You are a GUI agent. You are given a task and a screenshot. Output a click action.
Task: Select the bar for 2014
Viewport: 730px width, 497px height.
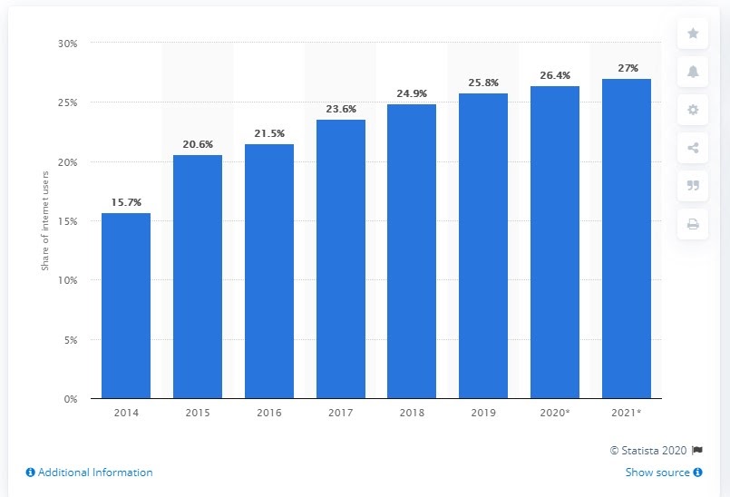tap(125, 306)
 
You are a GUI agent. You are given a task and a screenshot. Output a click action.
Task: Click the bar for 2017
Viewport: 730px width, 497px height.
tap(340, 259)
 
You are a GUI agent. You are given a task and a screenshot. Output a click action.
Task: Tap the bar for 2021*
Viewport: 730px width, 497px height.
tap(627, 239)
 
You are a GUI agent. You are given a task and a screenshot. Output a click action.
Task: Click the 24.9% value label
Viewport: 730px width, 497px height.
tap(412, 93)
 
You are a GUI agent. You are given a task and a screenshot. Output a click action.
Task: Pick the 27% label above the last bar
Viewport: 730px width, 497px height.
tap(627, 68)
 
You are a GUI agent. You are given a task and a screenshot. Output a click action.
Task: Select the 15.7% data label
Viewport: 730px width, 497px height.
tap(125, 203)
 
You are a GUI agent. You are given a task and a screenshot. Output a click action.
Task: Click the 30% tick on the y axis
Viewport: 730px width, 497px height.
tap(67, 44)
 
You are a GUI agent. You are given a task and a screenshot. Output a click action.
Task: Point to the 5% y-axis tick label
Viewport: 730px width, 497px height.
tap(71, 340)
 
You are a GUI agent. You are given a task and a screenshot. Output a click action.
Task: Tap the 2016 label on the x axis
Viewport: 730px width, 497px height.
tap(268, 413)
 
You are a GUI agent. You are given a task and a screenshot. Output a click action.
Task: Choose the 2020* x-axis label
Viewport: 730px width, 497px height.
tap(555, 413)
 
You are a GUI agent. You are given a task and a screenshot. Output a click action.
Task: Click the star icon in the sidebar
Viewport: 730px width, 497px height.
tap(693, 34)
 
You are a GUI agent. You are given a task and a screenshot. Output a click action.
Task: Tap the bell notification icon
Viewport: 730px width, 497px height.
tap(693, 72)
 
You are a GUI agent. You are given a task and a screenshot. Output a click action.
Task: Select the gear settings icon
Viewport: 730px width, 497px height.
tap(693, 110)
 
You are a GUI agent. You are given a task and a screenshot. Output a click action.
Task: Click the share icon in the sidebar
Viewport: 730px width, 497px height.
tap(693, 148)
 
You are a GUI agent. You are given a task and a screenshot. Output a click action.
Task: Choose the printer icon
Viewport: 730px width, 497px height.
tap(693, 224)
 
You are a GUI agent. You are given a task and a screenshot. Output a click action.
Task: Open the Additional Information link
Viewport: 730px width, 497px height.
tap(89, 473)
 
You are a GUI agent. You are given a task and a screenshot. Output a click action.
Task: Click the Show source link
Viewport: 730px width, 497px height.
tap(664, 473)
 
